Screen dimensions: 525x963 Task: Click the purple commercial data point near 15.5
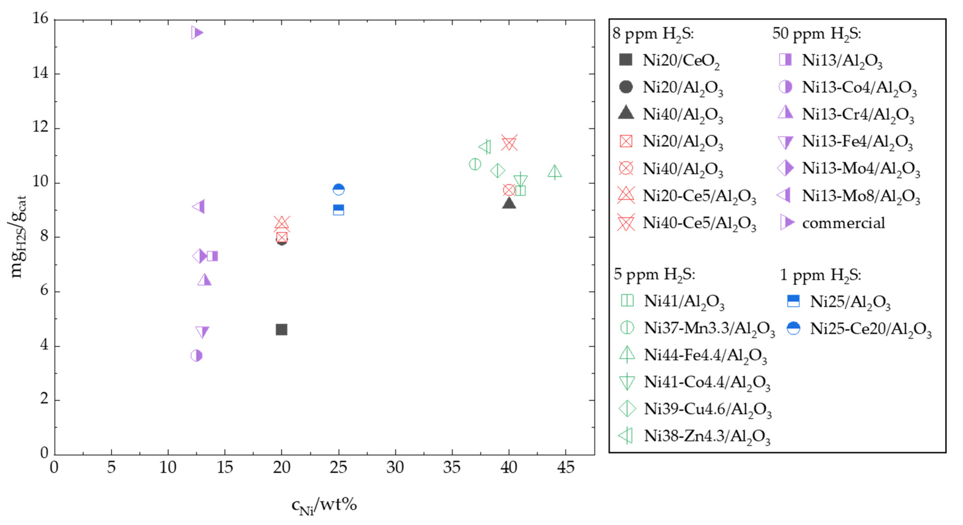pos(197,33)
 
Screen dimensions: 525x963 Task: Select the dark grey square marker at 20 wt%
pos(281,330)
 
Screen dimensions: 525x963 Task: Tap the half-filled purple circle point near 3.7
pos(196,356)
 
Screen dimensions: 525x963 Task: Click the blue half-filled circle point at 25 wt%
pos(339,189)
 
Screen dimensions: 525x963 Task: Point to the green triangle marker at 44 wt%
pos(554,172)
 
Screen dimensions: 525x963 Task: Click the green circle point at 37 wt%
pos(475,164)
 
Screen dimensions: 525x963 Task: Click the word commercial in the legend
pos(843,223)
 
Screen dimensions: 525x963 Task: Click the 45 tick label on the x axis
pos(566,467)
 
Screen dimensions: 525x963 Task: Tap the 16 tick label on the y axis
pos(40,18)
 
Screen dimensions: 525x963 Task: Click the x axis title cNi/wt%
pos(324,505)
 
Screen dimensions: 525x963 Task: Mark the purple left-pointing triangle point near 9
pos(199,207)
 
